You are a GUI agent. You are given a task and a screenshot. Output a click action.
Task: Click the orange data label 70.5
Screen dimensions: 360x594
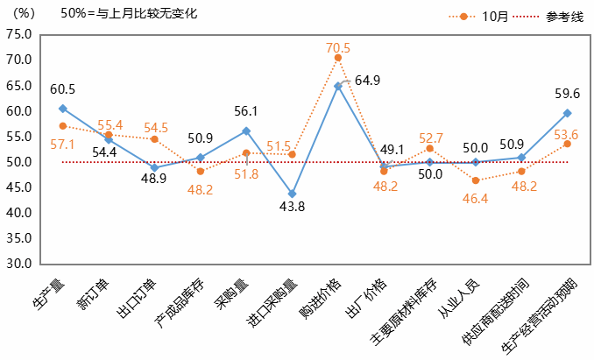337,47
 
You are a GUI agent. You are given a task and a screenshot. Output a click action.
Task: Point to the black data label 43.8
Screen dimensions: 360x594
291,207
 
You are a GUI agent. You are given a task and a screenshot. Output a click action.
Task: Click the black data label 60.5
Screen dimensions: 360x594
62,88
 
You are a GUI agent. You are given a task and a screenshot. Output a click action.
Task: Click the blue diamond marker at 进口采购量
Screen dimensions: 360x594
292,194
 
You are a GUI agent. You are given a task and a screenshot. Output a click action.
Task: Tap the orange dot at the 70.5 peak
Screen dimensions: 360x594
338,58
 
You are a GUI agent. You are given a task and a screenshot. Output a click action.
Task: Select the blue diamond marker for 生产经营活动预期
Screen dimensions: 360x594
568,113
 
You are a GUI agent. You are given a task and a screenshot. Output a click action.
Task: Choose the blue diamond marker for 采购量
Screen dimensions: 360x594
246,131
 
